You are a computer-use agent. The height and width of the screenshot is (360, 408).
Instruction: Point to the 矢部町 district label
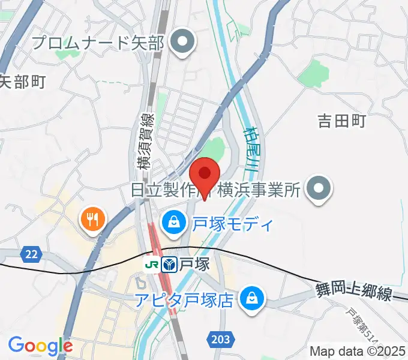click(x=22, y=82)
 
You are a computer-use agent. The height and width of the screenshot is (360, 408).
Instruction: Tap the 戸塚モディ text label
click(x=232, y=224)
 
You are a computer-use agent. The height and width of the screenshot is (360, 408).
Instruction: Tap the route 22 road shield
click(x=31, y=254)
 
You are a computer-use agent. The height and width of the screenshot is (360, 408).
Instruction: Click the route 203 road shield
click(x=220, y=340)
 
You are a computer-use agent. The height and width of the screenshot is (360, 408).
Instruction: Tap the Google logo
click(x=40, y=346)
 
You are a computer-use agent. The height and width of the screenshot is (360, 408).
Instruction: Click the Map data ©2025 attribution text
click(x=358, y=352)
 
